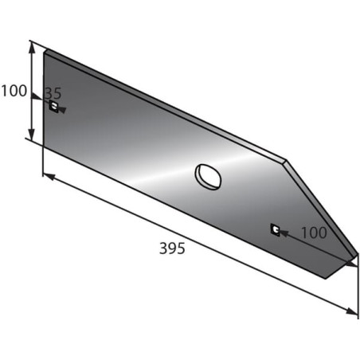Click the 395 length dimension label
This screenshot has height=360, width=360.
click(x=172, y=248)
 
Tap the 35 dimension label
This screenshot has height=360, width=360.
click(x=53, y=93)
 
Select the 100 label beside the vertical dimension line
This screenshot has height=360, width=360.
click(x=14, y=91)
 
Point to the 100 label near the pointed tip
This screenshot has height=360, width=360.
click(x=314, y=233)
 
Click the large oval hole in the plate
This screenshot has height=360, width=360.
click(x=208, y=177)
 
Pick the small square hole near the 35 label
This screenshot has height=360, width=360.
click(x=54, y=107)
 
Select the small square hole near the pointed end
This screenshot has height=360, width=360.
click(x=275, y=230)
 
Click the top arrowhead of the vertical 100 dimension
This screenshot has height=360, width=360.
click(x=32, y=49)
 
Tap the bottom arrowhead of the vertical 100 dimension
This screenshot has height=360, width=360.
click(x=32, y=135)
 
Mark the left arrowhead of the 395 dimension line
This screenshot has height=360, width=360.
click(x=49, y=177)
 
